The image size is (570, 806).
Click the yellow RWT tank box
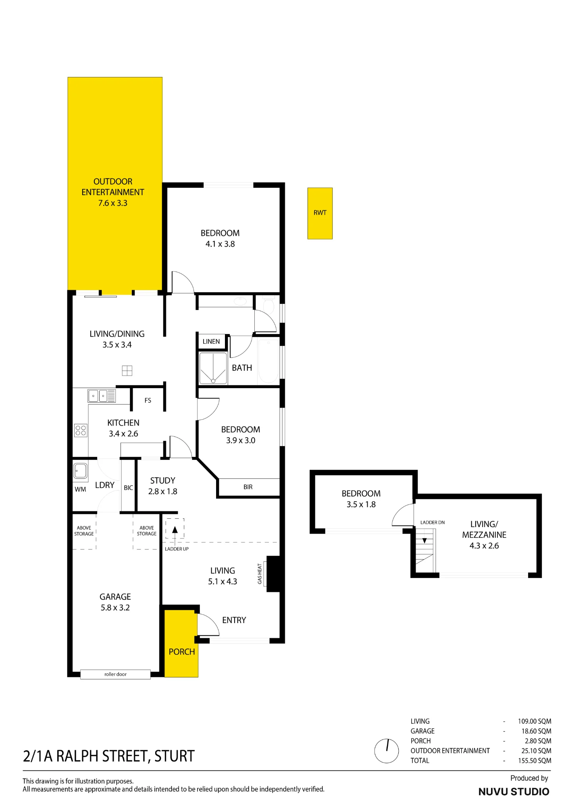point(320,213)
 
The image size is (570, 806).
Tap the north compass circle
point(386,751)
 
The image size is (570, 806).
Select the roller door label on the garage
point(115,674)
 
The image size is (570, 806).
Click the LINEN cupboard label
point(211,341)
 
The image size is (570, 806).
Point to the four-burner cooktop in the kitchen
point(81,430)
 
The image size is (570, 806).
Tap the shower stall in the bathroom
point(213,368)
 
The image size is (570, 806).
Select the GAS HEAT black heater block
point(273,574)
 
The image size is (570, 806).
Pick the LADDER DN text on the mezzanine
point(433,522)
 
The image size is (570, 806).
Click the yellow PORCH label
point(182,652)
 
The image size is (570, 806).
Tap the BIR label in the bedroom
point(248,487)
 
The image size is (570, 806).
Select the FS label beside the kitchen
point(148,400)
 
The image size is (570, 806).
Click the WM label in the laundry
point(80,489)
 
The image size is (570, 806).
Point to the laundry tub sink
point(80,471)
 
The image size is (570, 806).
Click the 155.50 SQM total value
point(535,760)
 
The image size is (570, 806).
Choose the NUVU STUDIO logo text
point(514,791)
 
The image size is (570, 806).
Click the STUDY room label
point(162,480)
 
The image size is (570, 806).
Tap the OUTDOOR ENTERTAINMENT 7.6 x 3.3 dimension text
point(113,203)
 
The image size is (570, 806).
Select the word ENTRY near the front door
point(234,620)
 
